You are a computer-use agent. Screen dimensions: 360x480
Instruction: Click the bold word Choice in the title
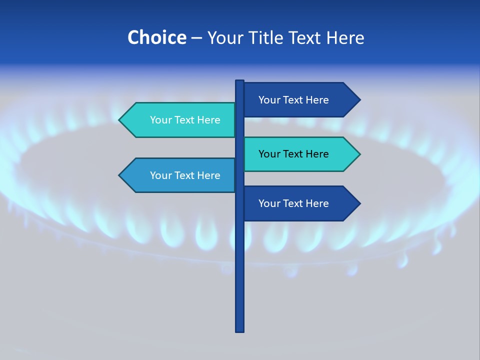pyautogui.click(x=156, y=37)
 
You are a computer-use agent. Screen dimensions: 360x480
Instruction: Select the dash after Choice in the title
pyautogui.click(x=196, y=38)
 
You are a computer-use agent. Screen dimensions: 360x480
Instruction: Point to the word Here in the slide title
pyautogui.click(x=345, y=37)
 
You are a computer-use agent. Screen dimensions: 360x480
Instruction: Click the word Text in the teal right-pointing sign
pyautogui.click(x=293, y=154)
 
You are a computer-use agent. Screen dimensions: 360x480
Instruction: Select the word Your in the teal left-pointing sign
pyautogui.click(x=160, y=120)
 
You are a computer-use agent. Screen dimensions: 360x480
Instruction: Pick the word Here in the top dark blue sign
pyautogui.click(x=317, y=100)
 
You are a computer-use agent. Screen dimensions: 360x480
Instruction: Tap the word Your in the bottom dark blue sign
pyautogui.click(x=269, y=203)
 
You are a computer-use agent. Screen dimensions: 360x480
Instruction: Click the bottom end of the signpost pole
pyautogui.click(x=240, y=329)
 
